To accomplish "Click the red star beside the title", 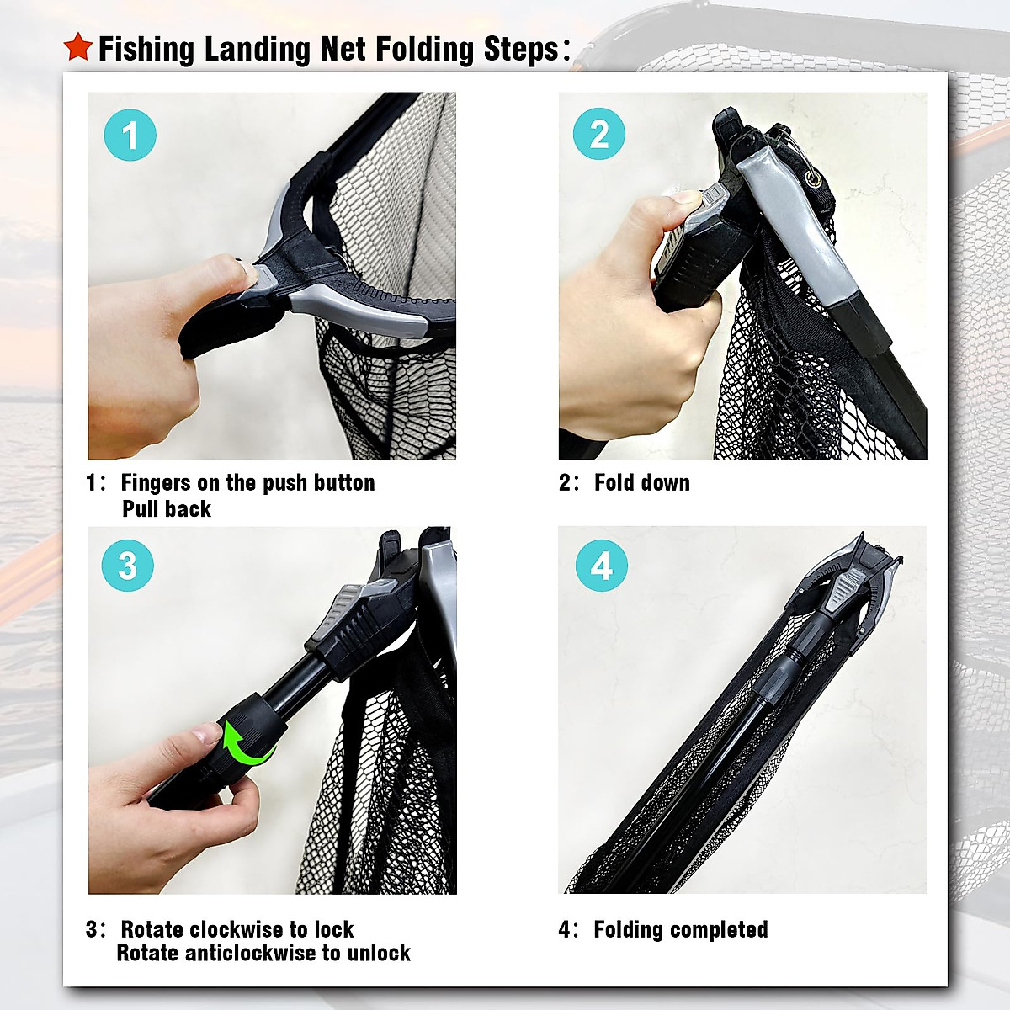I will [x=77, y=47].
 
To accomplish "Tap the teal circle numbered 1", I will [x=130, y=135].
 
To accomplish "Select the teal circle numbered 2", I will [x=598, y=134].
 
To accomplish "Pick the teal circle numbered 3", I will [x=127, y=566].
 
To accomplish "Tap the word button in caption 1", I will [x=343, y=483].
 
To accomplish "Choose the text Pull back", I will [x=167, y=509].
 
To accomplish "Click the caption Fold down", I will [x=641, y=483].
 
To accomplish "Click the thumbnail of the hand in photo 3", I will [x=206, y=734].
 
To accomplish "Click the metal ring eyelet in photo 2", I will [x=814, y=178].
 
